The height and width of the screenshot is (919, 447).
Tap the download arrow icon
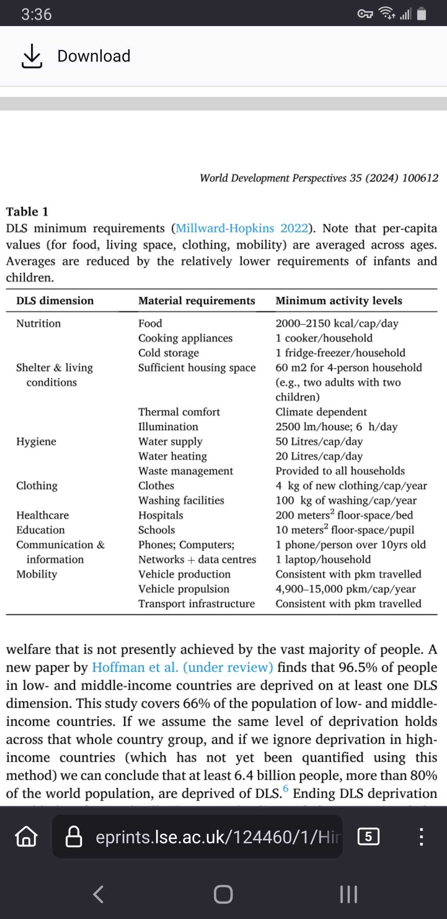click(31, 56)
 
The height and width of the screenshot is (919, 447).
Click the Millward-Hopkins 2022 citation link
click(242, 228)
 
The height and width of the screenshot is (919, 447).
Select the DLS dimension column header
click(55, 301)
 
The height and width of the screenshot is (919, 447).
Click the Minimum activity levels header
click(339, 301)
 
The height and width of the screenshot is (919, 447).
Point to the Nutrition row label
click(38, 323)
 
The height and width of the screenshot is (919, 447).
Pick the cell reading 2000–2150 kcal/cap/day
click(337, 323)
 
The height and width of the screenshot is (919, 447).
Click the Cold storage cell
click(168, 353)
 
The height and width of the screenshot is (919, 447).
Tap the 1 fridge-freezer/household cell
click(340, 353)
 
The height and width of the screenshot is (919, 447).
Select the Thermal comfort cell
click(179, 412)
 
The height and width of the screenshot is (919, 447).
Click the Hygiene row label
click(36, 441)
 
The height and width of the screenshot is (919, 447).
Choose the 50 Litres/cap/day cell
click(319, 441)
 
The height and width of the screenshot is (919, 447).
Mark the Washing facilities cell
click(181, 500)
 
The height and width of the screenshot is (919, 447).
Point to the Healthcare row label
click(43, 515)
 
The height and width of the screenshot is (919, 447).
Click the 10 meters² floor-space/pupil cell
click(345, 530)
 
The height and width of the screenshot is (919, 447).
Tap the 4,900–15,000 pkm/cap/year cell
click(346, 589)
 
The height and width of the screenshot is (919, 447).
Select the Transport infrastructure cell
click(196, 604)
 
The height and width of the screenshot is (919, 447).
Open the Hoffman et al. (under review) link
click(182, 667)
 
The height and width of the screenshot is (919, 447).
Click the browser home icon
click(26, 837)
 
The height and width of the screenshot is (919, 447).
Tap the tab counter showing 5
click(368, 837)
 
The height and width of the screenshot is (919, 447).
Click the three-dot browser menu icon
click(421, 837)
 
